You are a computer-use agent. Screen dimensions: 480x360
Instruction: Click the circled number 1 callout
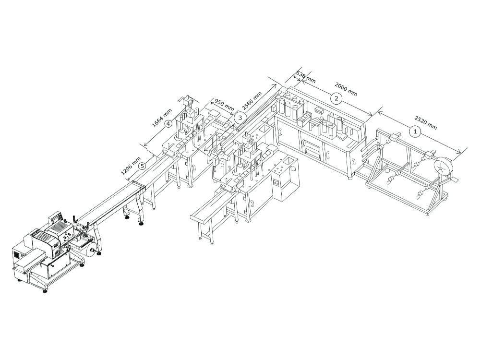(415, 132)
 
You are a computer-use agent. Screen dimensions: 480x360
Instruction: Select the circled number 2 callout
(336, 98)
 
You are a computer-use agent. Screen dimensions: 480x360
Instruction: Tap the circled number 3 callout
(240, 117)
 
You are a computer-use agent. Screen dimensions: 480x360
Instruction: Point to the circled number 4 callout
(168, 124)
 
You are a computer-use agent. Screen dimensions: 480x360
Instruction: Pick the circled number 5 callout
(142, 166)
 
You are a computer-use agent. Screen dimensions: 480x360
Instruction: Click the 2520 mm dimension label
(426, 122)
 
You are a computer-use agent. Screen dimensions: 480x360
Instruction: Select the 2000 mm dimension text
(346, 89)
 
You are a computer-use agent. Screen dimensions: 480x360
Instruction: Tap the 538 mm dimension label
(306, 77)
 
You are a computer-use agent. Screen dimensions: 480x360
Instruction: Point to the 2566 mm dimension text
(252, 101)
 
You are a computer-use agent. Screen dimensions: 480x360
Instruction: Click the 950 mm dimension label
(224, 105)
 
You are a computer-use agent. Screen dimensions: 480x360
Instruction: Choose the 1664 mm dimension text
(162, 118)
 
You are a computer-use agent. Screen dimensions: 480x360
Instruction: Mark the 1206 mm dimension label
(131, 166)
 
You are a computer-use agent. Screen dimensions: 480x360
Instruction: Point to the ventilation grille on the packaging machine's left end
(16, 254)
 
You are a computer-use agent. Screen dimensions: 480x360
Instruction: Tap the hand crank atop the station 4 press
(185, 100)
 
